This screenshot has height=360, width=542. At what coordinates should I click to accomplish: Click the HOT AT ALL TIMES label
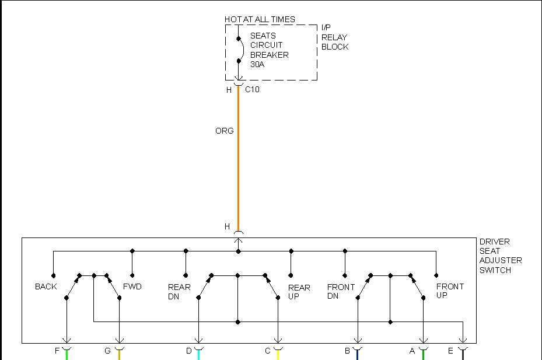(260, 19)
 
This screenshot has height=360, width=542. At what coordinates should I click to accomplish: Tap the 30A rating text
(257, 64)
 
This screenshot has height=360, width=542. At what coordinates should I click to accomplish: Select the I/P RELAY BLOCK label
(334, 37)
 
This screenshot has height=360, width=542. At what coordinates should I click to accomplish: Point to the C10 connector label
(252, 90)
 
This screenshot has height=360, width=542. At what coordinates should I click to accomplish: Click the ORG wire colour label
(224, 131)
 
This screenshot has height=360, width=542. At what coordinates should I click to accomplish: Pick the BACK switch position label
(46, 286)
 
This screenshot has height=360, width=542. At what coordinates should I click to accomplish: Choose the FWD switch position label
(132, 286)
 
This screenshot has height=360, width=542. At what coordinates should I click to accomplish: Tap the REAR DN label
(179, 292)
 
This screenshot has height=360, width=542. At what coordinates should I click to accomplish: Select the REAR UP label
(299, 292)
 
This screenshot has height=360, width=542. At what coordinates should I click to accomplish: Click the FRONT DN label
(341, 292)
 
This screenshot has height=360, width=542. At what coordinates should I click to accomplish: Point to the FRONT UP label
(450, 291)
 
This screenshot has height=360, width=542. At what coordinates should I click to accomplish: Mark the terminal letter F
(57, 351)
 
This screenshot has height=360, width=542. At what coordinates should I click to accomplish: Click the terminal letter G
(107, 351)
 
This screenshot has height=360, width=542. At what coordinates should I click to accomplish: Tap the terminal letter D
(188, 351)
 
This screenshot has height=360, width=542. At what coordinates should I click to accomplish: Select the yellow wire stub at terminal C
(278, 354)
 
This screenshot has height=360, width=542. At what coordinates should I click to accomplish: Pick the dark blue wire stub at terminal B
(357, 354)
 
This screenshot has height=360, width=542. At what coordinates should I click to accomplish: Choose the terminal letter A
(412, 351)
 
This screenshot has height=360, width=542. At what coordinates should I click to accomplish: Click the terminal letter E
(450, 351)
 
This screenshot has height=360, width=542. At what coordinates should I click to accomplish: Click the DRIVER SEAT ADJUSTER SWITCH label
(501, 256)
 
